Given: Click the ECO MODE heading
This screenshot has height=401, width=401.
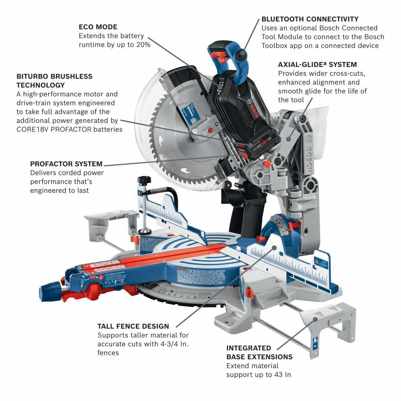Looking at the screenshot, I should pos(98,27).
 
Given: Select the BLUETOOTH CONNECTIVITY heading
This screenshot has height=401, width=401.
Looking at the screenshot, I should pos(310,19).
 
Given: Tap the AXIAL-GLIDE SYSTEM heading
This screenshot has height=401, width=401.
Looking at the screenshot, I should pos(317,65).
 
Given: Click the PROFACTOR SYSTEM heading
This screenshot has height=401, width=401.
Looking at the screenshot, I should pos(66,164).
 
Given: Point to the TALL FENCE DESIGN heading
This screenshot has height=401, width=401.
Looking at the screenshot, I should pos(133,326).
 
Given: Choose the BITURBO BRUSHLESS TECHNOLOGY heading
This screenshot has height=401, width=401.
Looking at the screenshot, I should pos(54,80).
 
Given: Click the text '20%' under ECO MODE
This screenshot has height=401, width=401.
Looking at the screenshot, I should pos(143,45).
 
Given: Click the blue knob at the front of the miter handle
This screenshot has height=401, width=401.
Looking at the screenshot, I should pos(50,290).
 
